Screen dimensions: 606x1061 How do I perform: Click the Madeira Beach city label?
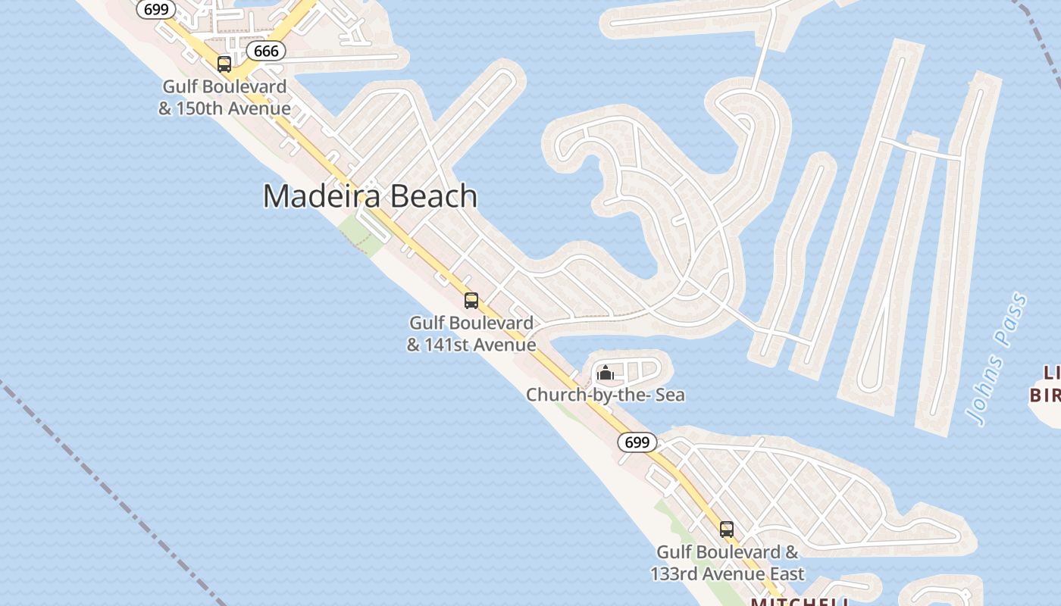point(370,196)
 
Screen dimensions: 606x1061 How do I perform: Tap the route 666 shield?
point(266,51)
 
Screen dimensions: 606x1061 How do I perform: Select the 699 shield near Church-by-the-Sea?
point(637,442)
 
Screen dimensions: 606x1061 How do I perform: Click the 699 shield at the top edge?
point(156,9)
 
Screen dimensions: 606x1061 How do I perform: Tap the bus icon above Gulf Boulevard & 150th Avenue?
point(224,64)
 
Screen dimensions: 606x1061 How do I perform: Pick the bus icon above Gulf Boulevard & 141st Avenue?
point(471,301)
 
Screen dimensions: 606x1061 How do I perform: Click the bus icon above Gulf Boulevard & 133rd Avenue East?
point(727,529)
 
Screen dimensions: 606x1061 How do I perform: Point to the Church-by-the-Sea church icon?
point(605,373)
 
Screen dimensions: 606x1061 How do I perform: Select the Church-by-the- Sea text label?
point(606,395)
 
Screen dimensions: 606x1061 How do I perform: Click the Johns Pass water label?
point(998,358)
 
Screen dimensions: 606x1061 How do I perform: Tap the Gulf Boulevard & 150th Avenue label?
point(224,98)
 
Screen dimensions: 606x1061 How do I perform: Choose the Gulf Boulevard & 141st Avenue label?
point(471,334)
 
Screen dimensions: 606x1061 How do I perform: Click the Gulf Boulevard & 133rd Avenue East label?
point(728,563)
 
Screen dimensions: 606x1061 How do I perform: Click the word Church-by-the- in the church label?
point(580,395)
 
